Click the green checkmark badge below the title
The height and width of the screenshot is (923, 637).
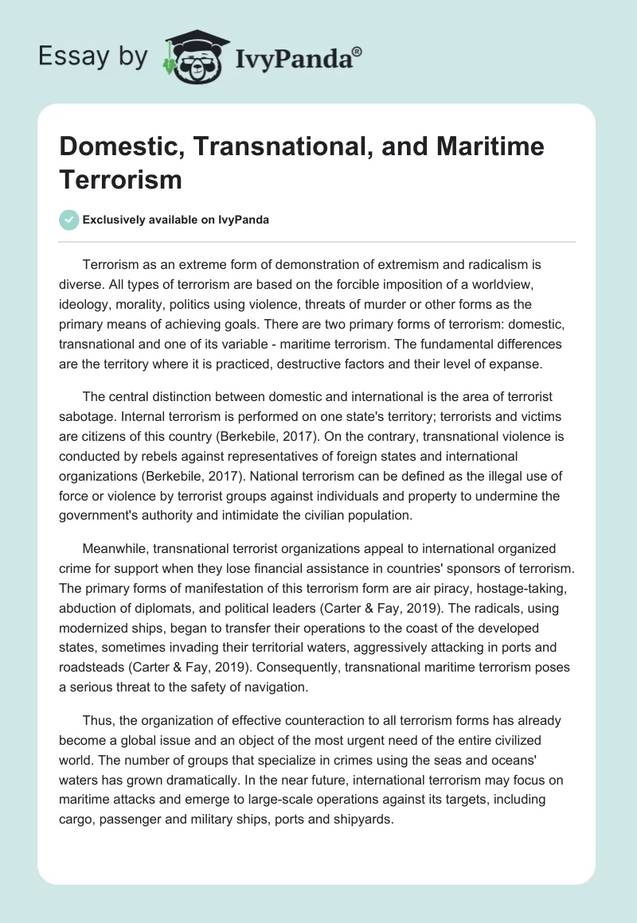[x=70, y=220]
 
